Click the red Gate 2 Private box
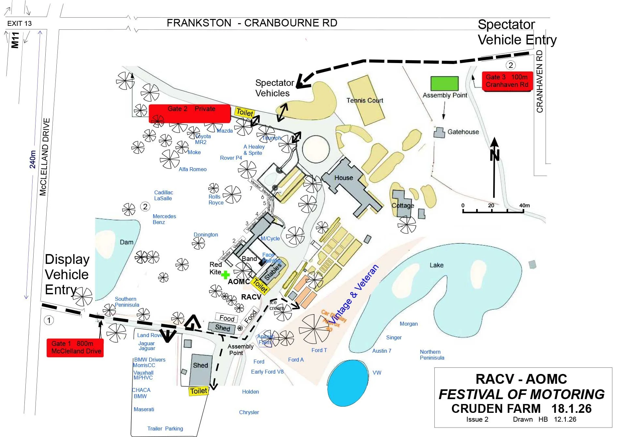tap(189, 113)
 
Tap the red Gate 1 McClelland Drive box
tap(75, 348)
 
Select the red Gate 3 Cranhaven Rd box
tap(507, 81)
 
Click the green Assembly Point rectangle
tap(444, 83)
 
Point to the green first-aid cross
tap(225, 275)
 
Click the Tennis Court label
tap(365, 101)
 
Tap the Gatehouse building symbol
tap(439, 133)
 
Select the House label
tap(343, 178)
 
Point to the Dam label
tap(127, 242)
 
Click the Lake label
tap(436, 265)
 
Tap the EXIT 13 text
tap(20, 24)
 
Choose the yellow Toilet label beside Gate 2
tap(245, 112)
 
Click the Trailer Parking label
tap(165, 429)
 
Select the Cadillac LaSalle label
tap(163, 195)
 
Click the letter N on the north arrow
tap(495, 155)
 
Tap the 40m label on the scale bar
tap(524, 205)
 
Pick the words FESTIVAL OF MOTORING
tap(521, 395)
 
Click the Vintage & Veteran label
tap(354, 294)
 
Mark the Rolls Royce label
tap(216, 200)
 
